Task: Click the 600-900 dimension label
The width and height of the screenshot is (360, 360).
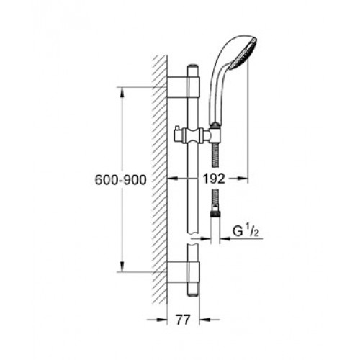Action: pyautogui.click(x=120, y=180)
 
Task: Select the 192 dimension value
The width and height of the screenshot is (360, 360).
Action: pyautogui.click(x=214, y=179)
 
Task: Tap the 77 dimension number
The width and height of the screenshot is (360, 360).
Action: pyautogui.click(x=183, y=320)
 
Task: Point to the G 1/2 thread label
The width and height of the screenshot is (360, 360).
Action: pyautogui.click(x=246, y=231)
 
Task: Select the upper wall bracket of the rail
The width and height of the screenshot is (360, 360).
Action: pyautogui.click(x=183, y=87)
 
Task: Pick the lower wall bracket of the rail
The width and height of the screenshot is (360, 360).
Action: pyautogui.click(x=183, y=272)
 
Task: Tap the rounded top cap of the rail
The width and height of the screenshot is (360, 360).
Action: pyautogui.click(x=193, y=68)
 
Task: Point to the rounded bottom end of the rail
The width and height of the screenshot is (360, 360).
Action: pyautogui.click(x=193, y=294)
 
